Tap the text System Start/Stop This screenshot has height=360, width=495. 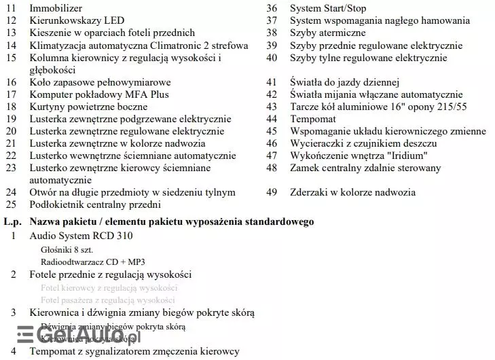pyautogui.click(x=327, y=8)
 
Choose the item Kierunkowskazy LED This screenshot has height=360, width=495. pyautogui.click(x=77, y=20)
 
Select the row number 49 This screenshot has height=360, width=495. pyautogui.click(x=272, y=192)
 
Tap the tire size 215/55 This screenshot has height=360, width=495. pyautogui.click(x=453, y=107)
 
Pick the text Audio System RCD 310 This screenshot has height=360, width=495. pyautogui.click(x=81, y=236)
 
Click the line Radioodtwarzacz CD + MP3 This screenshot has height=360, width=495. pyautogui.click(x=92, y=262)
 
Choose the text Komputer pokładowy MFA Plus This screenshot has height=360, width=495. pyautogui.click(x=99, y=94)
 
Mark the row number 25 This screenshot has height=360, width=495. pyautogui.click(x=10, y=204)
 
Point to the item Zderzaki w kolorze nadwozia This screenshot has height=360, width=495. pyautogui.click(x=352, y=192)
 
